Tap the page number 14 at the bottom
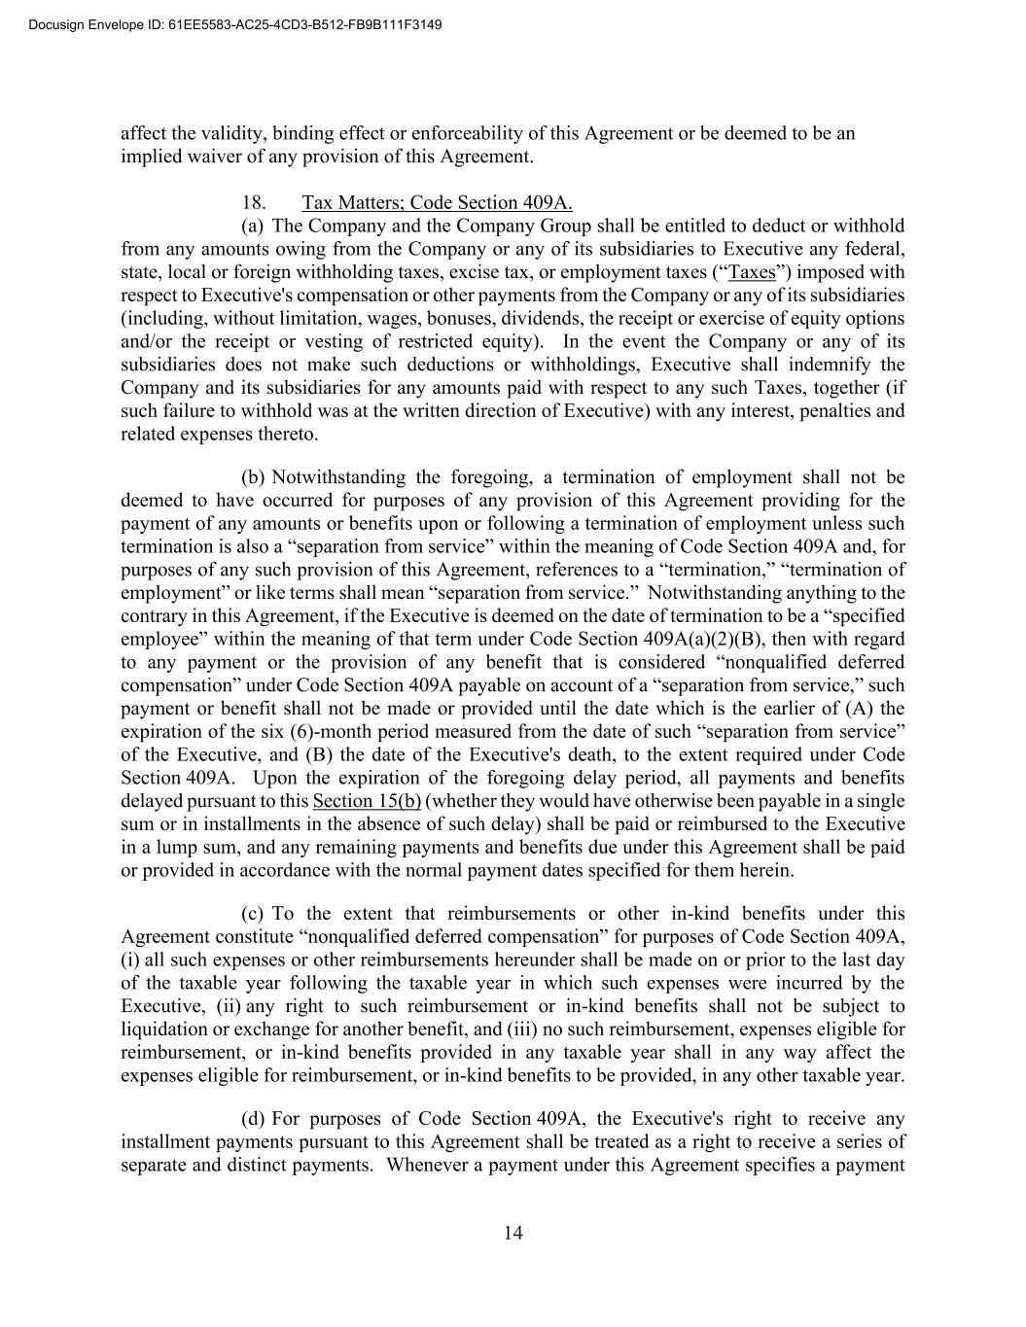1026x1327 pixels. click(513, 1233)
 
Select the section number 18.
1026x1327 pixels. click(254, 202)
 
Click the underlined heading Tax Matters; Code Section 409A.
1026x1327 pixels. click(437, 202)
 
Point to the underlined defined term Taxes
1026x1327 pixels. click(753, 272)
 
